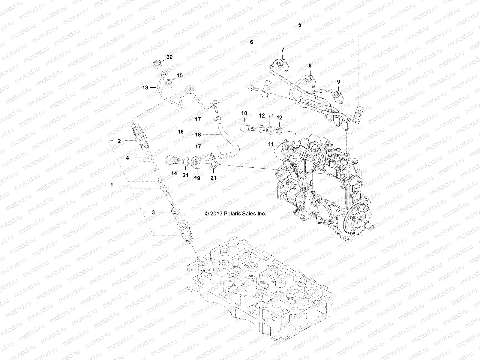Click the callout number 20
pos(169,57)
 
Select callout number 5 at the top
pos(300,25)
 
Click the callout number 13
pos(145,88)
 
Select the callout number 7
pos(282,49)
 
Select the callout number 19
pos(197,178)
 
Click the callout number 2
pos(119,141)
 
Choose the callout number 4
pos(127,157)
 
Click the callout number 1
pos(112,185)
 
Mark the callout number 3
pos(153,212)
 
